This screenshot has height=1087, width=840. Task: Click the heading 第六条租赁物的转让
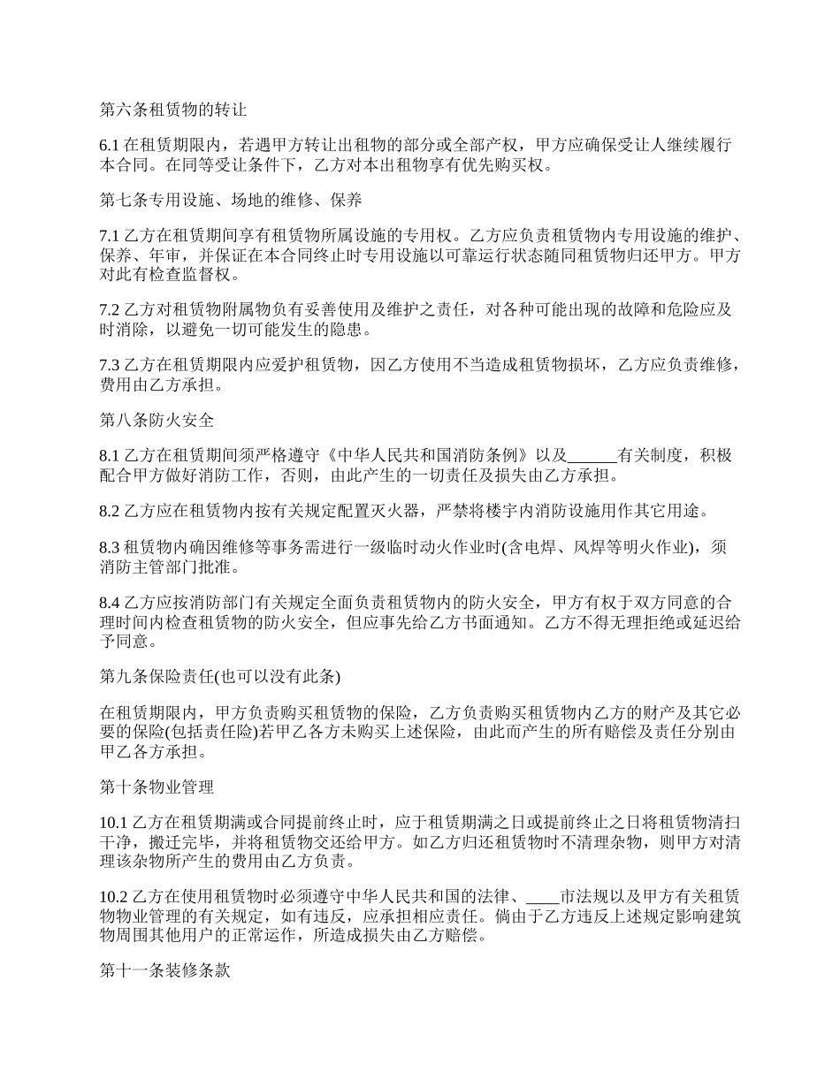click(x=172, y=110)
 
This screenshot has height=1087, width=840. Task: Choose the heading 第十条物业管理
click(x=157, y=786)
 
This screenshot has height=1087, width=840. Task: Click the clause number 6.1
click(x=109, y=145)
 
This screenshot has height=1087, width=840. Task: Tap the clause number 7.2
click(x=109, y=310)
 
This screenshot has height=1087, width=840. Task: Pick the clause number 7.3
click(x=109, y=365)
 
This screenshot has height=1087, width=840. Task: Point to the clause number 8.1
click(x=109, y=456)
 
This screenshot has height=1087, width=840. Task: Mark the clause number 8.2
click(x=109, y=511)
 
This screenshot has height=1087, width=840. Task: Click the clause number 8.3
click(x=109, y=547)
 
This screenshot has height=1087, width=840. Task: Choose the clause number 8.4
click(x=109, y=603)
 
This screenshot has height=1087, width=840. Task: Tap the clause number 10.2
click(x=112, y=898)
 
